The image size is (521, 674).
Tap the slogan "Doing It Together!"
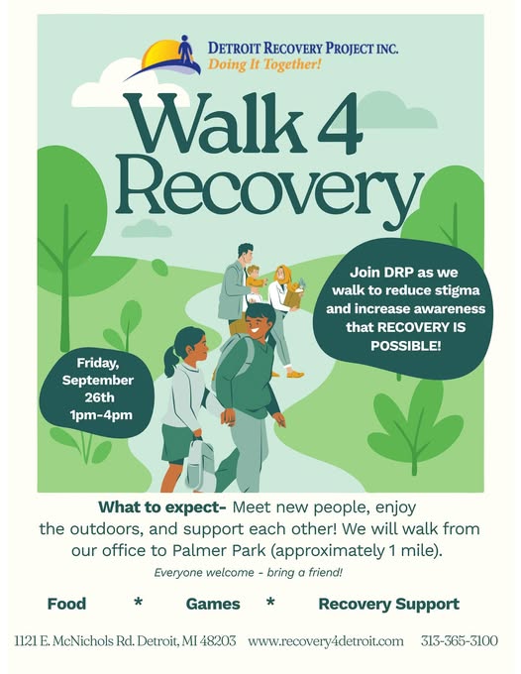[x=264, y=64]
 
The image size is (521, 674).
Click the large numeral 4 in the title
[x=340, y=123]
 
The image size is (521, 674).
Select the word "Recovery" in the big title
[x=269, y=189]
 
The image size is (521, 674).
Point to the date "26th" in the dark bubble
[x=99, y=397]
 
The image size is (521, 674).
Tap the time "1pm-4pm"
[x=101, y=415]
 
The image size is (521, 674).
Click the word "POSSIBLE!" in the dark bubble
[x=405, y=346]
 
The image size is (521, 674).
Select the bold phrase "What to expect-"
[x=162, y=507]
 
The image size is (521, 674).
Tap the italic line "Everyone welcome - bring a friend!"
[x=249, y=573]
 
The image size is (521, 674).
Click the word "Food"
[x=66, y=604]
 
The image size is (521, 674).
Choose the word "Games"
[x=213, y=604]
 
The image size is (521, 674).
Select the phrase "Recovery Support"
[x=388, y=604]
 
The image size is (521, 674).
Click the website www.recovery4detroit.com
[x=326, y=641]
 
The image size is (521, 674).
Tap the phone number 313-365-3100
[x=460, y=641]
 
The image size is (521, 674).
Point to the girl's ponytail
[x=171, y=361]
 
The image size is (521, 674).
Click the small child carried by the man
[x=255, y=283]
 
